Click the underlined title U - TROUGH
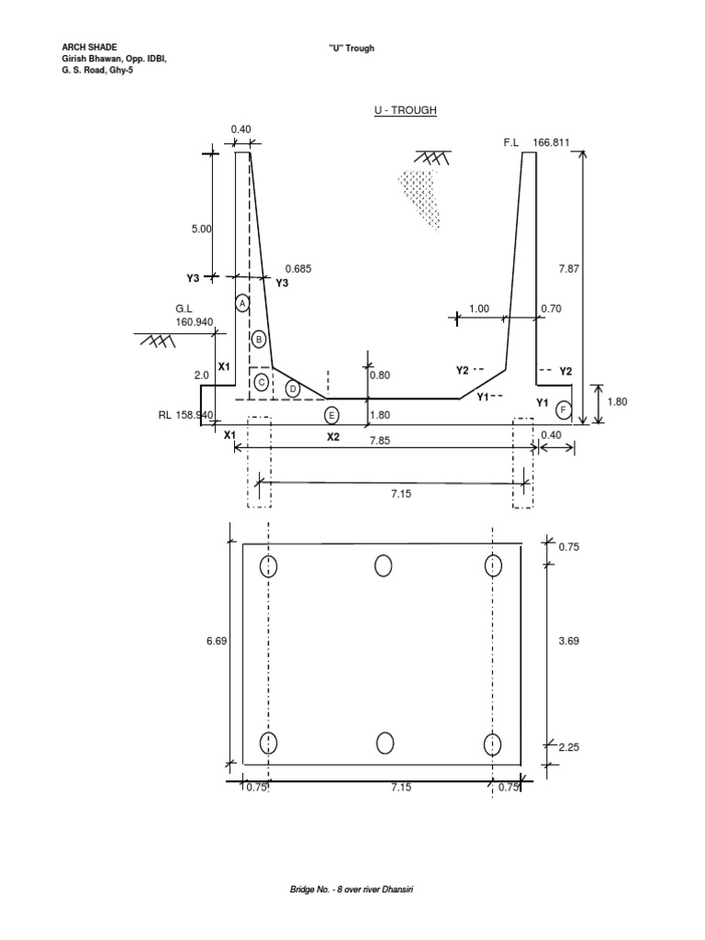point(404,110)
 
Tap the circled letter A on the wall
point(242,302)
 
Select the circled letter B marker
point(259,340)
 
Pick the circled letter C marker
point(262,381)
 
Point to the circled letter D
point(293,389)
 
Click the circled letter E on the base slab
point(331,415)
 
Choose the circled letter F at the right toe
point(564,408)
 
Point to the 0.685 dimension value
point(299,268)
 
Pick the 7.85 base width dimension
point(380,441)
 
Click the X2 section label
point(333,437)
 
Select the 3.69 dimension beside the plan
point(569,642)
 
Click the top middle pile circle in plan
point(383,565)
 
